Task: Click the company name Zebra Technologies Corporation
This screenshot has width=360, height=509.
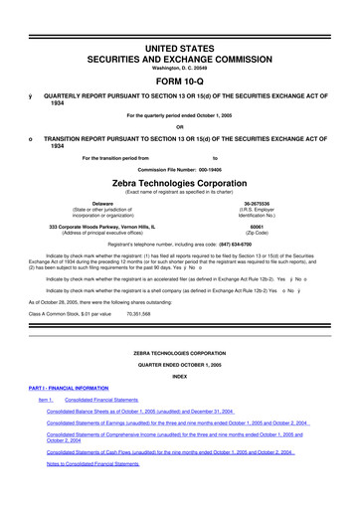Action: click(x=180, y=184)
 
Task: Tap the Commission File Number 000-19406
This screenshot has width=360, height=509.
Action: click(x=180, y=169)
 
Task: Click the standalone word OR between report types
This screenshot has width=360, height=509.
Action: click(x=180, y=125)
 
